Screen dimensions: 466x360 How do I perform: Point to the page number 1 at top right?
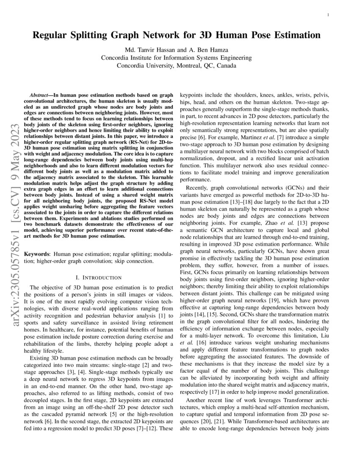tap(329, 16)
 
